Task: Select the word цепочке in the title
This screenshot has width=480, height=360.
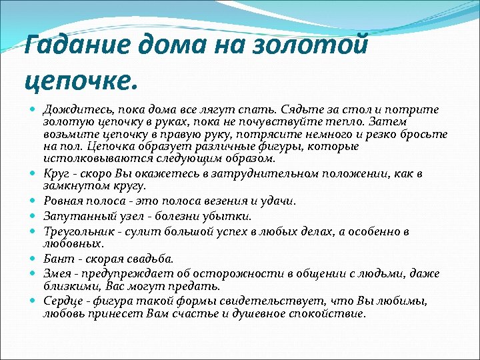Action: [79, 81]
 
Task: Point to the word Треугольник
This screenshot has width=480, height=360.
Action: [75, 231]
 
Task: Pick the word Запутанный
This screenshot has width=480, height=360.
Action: [73, 216]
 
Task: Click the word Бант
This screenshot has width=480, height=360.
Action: [57, 259]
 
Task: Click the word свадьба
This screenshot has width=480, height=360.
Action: [151, 259]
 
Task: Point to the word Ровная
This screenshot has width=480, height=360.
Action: [63, 201]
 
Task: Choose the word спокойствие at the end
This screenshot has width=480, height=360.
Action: [331, 313]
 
